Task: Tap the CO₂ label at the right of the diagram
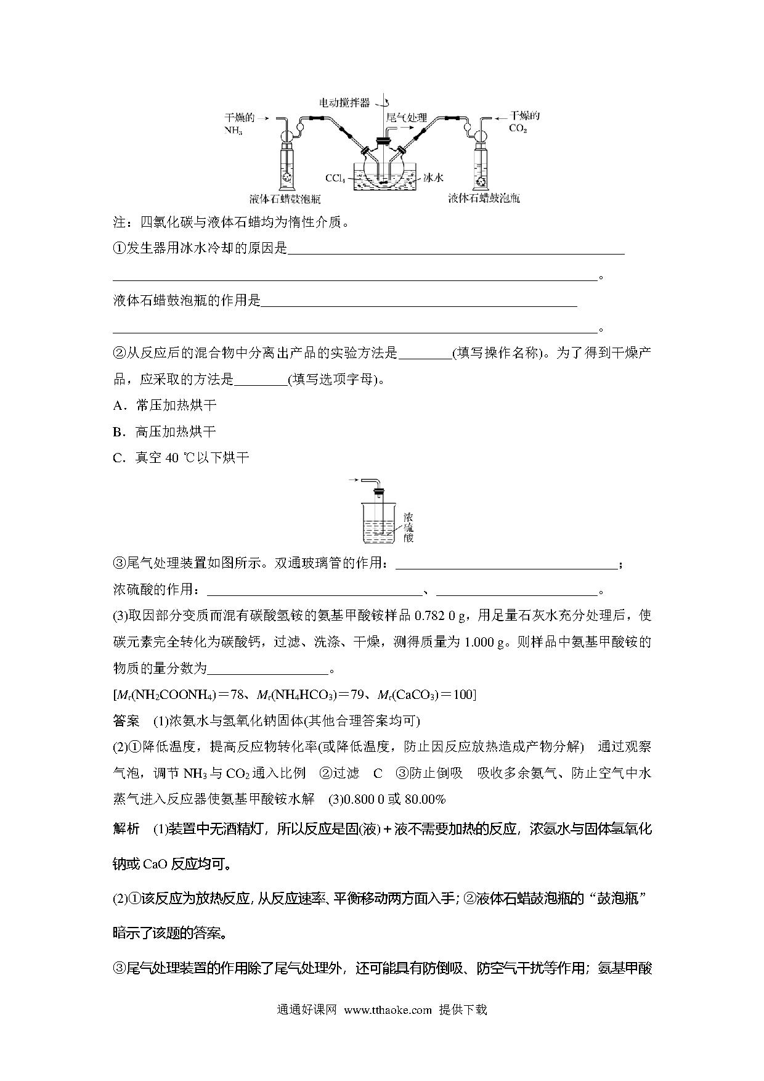tap(518, 129)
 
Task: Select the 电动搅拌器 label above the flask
tap(344, 102)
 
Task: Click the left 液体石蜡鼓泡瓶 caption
tap(285, 198)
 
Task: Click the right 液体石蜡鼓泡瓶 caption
tap(484, 198)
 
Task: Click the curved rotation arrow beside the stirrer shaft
tap(385, 100)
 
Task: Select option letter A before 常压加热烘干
tap(118, 406)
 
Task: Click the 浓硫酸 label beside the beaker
tap(408, 526)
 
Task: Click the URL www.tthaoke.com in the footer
tap(388, 1010)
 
